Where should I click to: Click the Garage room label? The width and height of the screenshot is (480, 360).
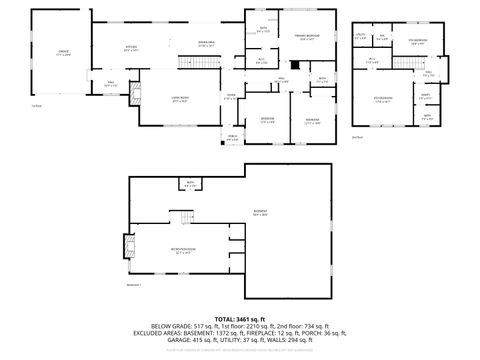64,54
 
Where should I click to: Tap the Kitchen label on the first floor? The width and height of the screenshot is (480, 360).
131,47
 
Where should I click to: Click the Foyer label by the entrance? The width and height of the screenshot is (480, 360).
230,96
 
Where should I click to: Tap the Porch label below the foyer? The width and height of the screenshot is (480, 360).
232,139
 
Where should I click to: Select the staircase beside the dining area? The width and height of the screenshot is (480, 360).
198,62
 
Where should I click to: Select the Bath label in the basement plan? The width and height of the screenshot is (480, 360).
190,183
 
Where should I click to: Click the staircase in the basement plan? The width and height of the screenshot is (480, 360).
183,221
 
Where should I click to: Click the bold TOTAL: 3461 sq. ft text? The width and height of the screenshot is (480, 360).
239,317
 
